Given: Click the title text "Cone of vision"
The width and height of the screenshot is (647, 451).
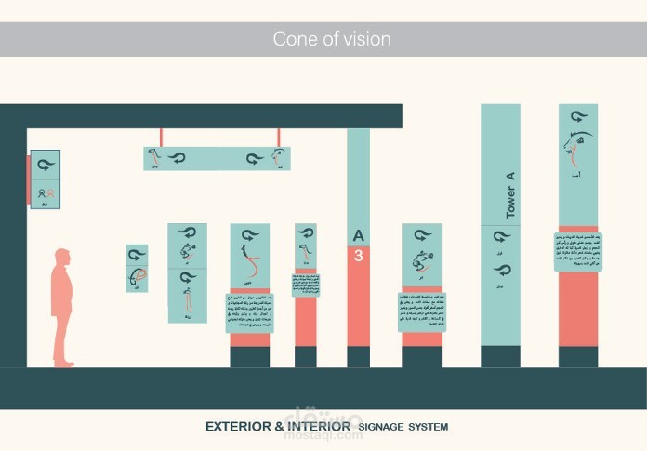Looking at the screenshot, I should tap(331, 39).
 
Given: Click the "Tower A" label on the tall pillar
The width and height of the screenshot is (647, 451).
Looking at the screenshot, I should tap(509, 195).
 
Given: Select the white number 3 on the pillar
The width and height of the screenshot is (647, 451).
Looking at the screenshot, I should tap(358, 256).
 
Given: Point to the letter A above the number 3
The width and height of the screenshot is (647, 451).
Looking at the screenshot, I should tap(358, 236).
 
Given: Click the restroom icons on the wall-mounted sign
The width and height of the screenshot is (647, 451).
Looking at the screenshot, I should tap(45, 194).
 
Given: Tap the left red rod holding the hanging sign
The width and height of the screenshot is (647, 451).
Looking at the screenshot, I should tap(161, 137).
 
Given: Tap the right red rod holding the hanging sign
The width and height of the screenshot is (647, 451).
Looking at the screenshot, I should tap(277, 137).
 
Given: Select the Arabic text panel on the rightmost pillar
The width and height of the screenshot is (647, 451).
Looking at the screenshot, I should tap(577, 251).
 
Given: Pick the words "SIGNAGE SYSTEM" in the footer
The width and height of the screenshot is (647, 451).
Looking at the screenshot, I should tap(403, 427).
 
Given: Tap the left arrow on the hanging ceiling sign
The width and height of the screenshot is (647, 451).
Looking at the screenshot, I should tap(175, 158).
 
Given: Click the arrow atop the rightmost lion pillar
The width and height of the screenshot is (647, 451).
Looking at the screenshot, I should tap(577, 116).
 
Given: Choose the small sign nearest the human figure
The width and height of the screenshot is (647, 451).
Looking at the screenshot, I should tap(137, 268).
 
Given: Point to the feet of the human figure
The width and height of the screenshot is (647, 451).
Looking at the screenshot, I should tap(63, 363).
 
